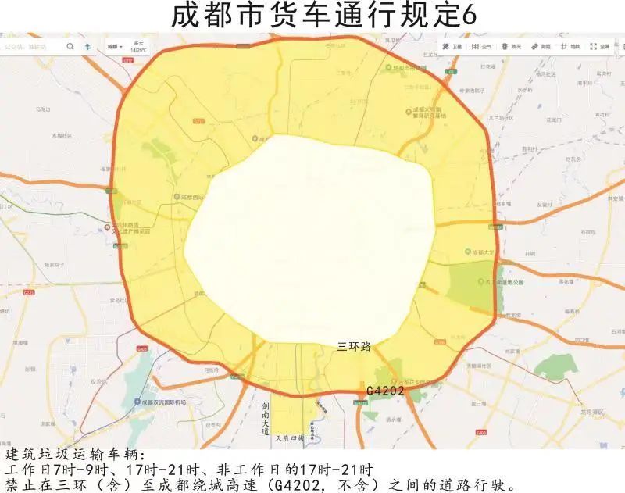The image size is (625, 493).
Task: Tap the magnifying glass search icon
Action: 70,46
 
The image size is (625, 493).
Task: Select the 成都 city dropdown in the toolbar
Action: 115,46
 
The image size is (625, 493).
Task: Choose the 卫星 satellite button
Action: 451,46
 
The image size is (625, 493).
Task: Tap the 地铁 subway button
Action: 570,46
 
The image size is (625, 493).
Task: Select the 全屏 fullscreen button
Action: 600,46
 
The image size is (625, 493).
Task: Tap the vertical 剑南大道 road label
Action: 266,419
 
